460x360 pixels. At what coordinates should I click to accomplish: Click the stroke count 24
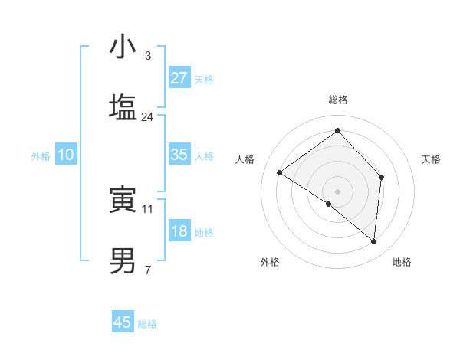(x=148, y=117)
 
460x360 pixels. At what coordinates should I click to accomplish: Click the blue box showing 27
(x=179, y=78)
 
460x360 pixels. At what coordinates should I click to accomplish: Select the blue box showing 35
(x=179, y=155)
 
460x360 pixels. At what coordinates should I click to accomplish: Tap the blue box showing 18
(x=179, y=231)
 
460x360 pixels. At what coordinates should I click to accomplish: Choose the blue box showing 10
(x=66, y=155)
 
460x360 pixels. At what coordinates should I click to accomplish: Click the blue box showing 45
(x=123, y=322)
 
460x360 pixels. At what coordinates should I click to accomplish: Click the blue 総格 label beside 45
(x=147, y=324)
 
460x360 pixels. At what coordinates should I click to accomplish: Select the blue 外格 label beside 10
(x=41, y=155)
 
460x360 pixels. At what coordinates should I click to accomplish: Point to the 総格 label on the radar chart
(x=338, y=100)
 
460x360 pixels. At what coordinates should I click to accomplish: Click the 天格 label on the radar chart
(x=431, y=159)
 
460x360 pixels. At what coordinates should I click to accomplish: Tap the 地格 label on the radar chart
(x=402, y=263)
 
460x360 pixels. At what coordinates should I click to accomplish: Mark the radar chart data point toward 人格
(x=280, y=172)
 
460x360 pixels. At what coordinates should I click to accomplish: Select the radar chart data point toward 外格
(x=329, y=204)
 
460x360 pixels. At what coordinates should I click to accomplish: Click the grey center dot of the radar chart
(x=338, y=190)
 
